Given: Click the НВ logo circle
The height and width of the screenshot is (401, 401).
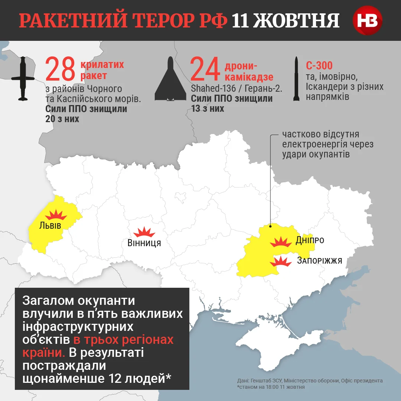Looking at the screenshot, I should pyautogui.click(x=367, y=20).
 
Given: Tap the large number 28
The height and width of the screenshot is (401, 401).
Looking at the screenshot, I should pyautogui.click(x=61, y=69).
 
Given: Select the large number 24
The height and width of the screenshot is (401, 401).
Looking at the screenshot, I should pyautogui.click(x=205, y=69).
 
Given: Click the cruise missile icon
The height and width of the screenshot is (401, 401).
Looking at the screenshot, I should pyautogui.click(x=23, y=78).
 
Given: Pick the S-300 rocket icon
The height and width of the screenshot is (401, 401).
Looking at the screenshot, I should pyautogui.click(x=296, y=79).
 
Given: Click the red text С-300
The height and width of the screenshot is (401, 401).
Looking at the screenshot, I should pyautogui.click(x=319, y=66).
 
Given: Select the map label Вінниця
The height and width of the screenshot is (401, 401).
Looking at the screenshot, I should pyautogui.click(x=144, y=243).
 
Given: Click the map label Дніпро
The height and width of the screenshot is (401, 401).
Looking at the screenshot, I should pyautogui.click(x=310, y=240).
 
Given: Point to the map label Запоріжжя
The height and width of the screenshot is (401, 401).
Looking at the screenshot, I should pyautogui.click(x=319, y=260).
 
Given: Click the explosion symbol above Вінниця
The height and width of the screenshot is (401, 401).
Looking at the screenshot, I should pyautogui.click(x=144, y=232).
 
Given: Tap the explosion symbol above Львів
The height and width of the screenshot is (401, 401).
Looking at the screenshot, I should pyautogui.click(x=55, y=215).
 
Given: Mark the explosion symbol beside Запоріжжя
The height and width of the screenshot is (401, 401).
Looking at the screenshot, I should pyautogui.click(x=281, y=262).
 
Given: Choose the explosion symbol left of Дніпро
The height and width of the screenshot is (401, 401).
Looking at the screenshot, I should pyautogui.click(x=281, y=242).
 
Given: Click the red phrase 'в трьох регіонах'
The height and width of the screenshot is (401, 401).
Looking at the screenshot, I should pyautogui.click(x=124, y=340).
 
